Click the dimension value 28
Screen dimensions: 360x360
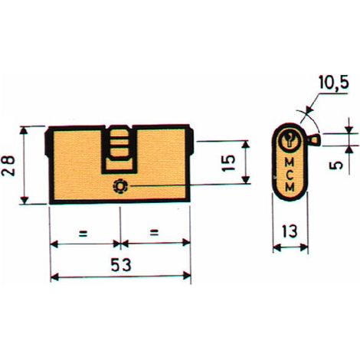pos(8,166)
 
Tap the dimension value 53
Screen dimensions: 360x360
pos(121,265)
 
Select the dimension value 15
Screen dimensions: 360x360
pos(229,163)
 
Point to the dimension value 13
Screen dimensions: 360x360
pos(290,231)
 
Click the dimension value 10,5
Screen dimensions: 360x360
pos(334,82)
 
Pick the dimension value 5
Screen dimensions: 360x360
pos(336,165)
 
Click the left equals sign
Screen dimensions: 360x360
pos(83,234)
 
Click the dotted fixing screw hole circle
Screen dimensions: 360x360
pos(120,186)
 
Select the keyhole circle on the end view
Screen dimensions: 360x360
pos(290,140)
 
